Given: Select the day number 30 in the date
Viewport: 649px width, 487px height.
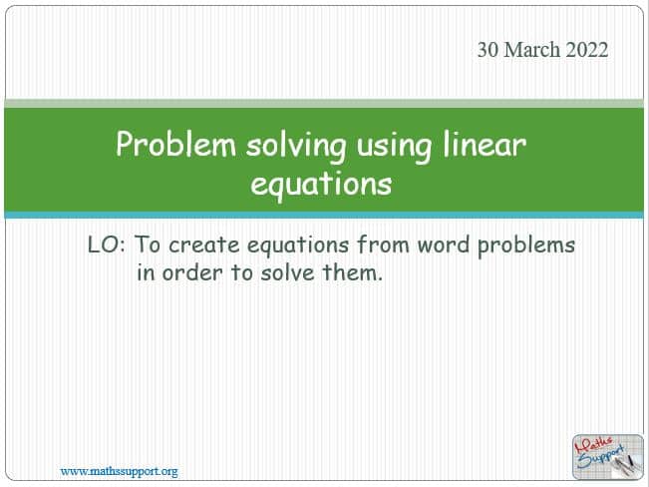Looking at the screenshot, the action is point(487,50).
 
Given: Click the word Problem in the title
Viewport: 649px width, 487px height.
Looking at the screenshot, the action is point(175,145).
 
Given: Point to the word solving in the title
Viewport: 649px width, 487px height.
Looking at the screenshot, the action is point(296,146).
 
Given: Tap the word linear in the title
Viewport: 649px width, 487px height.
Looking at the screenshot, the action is point(485,145).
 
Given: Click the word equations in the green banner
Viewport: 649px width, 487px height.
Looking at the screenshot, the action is point(321,185).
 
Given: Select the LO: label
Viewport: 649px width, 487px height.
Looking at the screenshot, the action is point(107,244).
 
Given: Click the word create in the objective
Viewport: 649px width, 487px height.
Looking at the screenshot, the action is point(204,244).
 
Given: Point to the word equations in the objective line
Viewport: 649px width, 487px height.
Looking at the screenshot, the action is point(298,246).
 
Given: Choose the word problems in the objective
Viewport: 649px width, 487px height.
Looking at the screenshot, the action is point(526,246).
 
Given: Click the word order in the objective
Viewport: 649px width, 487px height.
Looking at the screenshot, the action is point(192,272).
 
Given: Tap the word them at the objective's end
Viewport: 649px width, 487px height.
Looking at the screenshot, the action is point(350,272).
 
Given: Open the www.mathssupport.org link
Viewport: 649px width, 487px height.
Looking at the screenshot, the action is point(120,471).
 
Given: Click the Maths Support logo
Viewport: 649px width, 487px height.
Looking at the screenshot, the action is point(607,457).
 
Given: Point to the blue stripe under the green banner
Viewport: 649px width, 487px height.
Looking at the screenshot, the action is point(324,215).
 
